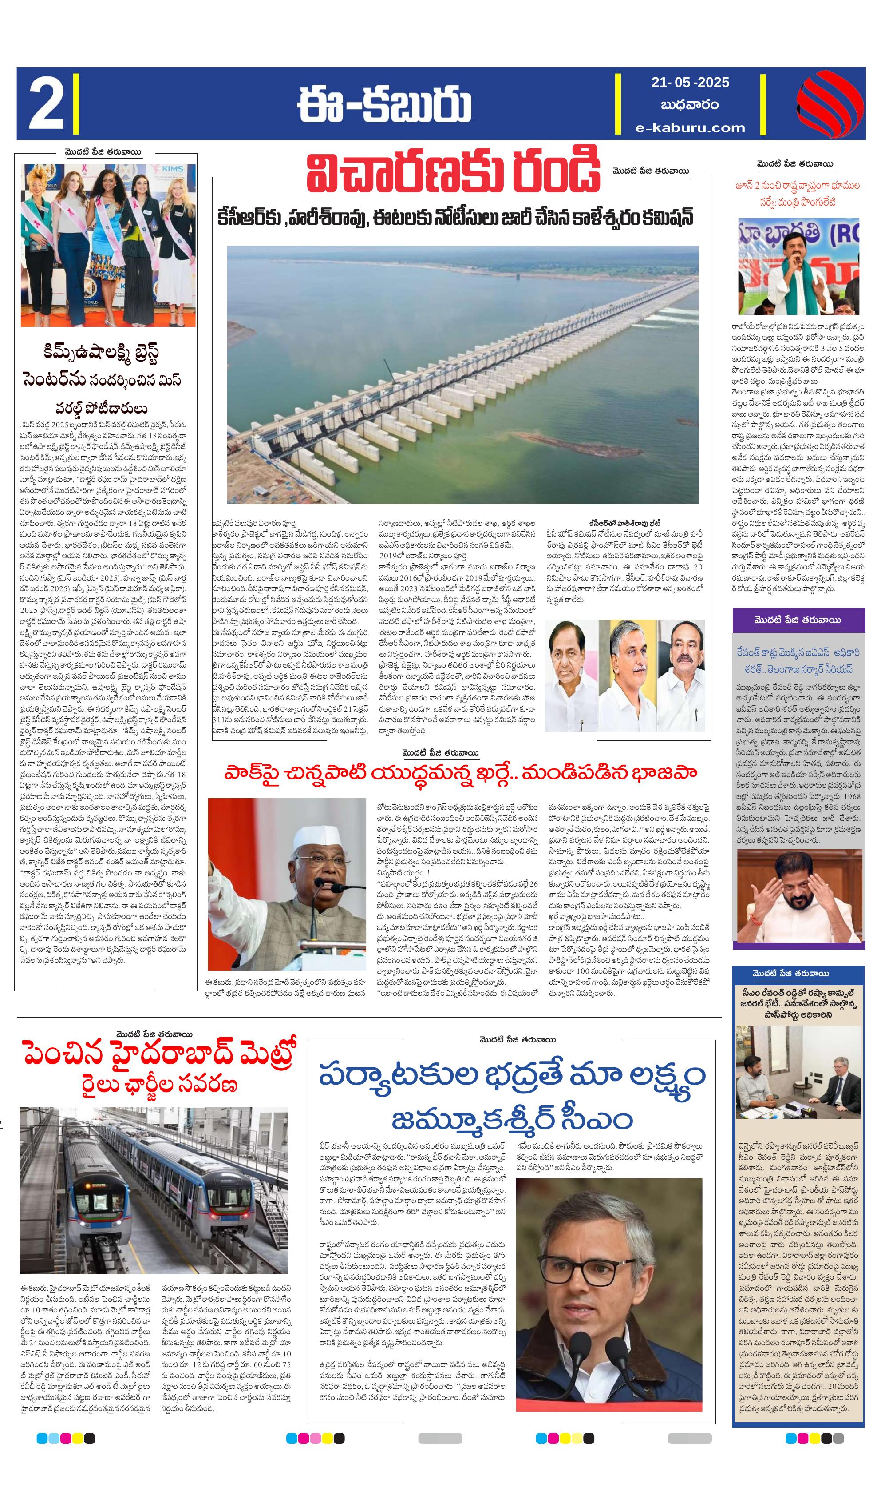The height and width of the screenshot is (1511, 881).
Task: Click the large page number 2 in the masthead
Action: pos(46,104)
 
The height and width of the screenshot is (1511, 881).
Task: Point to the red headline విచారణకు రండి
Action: pos(453,173)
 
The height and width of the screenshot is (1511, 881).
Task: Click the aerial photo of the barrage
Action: pos(462,375)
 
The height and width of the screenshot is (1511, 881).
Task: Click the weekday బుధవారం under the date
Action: pos(690,105)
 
